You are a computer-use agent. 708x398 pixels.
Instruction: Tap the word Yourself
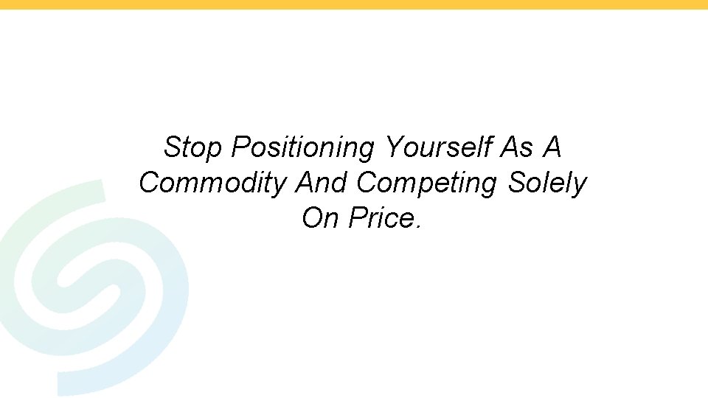(x=437, y=147)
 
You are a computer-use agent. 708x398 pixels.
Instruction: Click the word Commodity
(x=212, y=183)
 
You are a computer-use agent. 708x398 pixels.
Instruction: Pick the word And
(x=321, y=183)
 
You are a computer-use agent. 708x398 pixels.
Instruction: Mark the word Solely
(x=546, y=183)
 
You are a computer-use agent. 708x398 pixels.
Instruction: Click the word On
(x=318, y=218)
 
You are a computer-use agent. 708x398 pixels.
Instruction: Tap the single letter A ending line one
(x=552, y=147)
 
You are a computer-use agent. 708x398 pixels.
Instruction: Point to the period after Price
(x=418, y=225)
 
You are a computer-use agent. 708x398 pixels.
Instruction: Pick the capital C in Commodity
(x=149, y=183)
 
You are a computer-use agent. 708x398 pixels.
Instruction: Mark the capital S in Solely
(x=516, y=183)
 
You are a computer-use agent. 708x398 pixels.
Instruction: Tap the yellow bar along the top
(x=354, y=4)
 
